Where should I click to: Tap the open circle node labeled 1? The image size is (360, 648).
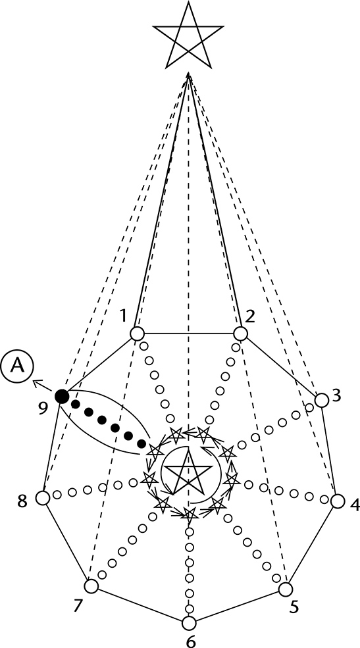coord(137,333)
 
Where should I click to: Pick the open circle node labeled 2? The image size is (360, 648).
coord(240,333)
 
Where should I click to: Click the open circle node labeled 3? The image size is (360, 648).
coord(322,400)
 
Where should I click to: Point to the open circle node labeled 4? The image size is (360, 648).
coord(338,501)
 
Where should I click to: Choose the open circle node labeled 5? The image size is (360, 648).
coord(285,589)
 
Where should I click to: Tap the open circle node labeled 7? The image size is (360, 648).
coord(91,586)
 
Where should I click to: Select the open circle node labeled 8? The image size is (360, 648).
coord(43,498)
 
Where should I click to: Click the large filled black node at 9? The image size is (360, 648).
coord(62,397)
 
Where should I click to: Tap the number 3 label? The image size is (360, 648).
coord(336,395)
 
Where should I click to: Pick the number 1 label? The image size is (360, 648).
coord(123,317)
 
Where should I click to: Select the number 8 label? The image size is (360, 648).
coord(22,502)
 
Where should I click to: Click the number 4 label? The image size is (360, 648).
coord(355,505)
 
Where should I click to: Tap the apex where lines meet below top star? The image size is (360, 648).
coord(188,74)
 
